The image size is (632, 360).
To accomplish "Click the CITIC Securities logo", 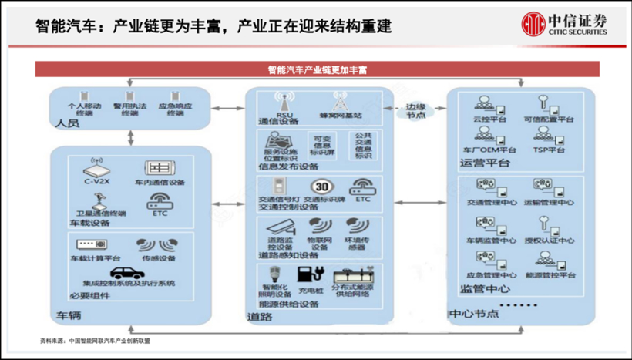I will (563, 24).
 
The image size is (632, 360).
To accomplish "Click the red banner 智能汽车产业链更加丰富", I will (317, 69).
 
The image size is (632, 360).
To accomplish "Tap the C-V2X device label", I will (93, 183).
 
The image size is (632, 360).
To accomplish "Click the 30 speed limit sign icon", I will (321, 187).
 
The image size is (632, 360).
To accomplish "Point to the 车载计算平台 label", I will (96, 259).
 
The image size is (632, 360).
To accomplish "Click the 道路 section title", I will (258, 316).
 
